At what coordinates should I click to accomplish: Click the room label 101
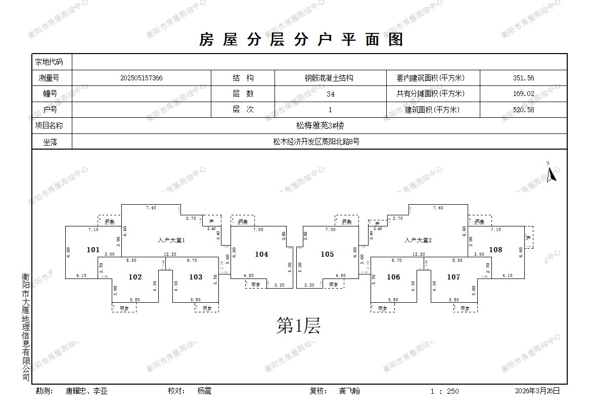point(93,249)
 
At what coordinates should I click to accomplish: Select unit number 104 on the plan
point(261,254)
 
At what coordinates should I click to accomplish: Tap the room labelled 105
point(327,254)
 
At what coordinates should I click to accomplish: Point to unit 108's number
point(495,249)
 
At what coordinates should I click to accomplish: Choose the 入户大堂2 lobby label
point(418,241)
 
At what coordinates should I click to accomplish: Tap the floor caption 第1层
point(298,326)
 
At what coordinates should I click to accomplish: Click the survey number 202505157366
point(142,78)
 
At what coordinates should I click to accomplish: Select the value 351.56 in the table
point(523,78)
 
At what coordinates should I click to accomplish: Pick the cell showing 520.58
point(523,110)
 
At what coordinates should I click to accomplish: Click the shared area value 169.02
point(523,94)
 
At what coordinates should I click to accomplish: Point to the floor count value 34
point(331,94)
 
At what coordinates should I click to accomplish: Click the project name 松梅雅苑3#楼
point(320,125)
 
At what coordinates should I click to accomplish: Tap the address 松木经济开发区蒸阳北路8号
point(320,142)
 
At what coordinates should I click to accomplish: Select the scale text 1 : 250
point(444,391)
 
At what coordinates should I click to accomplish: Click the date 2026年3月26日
point(537,391)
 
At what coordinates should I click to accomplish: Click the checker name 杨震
point(204,391)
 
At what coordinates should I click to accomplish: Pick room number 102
point(135,277)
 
